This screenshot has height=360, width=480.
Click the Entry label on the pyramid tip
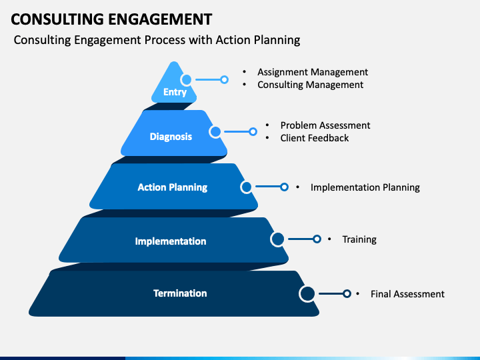(x=175, y=92)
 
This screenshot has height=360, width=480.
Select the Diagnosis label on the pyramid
(x=171, y=137)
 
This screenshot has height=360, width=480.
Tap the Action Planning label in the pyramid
(x=172, y=187)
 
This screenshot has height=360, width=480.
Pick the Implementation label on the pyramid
(x=171, y=241)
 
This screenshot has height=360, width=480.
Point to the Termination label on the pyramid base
(x=180, y=293)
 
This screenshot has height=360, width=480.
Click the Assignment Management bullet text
(x=313, y=72)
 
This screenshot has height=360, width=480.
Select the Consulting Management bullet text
(x=310, y=85)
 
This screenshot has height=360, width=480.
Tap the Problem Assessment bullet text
(x=325, y=125)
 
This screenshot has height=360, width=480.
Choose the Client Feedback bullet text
(x=314, y=138)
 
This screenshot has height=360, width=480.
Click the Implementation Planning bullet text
(x=365, y=187)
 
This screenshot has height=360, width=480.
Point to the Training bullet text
(x=359, y=239)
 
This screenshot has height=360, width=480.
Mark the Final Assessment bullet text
(x=407, y=294)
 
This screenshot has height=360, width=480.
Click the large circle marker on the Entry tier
(x=187, y=79)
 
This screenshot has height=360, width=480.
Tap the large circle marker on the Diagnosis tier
(x=215, y=132)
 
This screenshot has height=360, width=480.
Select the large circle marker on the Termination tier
(x=307, y=293)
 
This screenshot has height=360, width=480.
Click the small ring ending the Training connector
(x=317, y=239)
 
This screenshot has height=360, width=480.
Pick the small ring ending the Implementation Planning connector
(x=284, y=187)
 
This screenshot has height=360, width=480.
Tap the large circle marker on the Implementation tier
(x=277, y=239)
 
